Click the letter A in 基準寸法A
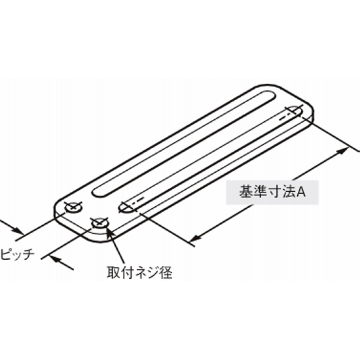point(301,192)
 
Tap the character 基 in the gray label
point(246,192)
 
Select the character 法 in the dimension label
point(289,192)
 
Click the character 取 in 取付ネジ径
point(114,272)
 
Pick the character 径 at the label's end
point(166,272)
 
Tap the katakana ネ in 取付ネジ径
point(140,272)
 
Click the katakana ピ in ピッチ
point(6,254)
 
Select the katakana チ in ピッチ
point(28,254)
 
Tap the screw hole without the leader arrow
point(74,208)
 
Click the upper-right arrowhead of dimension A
point(342,151)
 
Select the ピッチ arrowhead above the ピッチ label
point(18,230)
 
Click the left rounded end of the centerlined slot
point(124,207)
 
